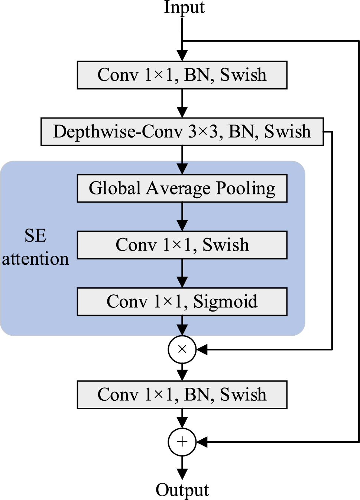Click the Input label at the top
coord(184,7)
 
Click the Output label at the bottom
coord(182,490)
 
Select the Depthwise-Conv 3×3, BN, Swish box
coord(182,132)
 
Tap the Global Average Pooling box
coord(182,188)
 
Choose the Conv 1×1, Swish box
coord(182,245)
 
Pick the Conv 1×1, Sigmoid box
coord(182,301)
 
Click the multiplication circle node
coord(182,349)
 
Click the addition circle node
coord(182,442)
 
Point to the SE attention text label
coord(35,247)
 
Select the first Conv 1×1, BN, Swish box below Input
coord(182,75)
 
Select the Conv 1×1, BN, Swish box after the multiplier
coord(182,395)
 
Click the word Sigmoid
coord(225,301)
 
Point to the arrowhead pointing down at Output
coord(182,474)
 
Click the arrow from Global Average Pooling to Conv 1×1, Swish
coord(182,217)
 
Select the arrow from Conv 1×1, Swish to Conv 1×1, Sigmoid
coord(182,273)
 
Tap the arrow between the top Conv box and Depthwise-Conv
coord(182,103)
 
